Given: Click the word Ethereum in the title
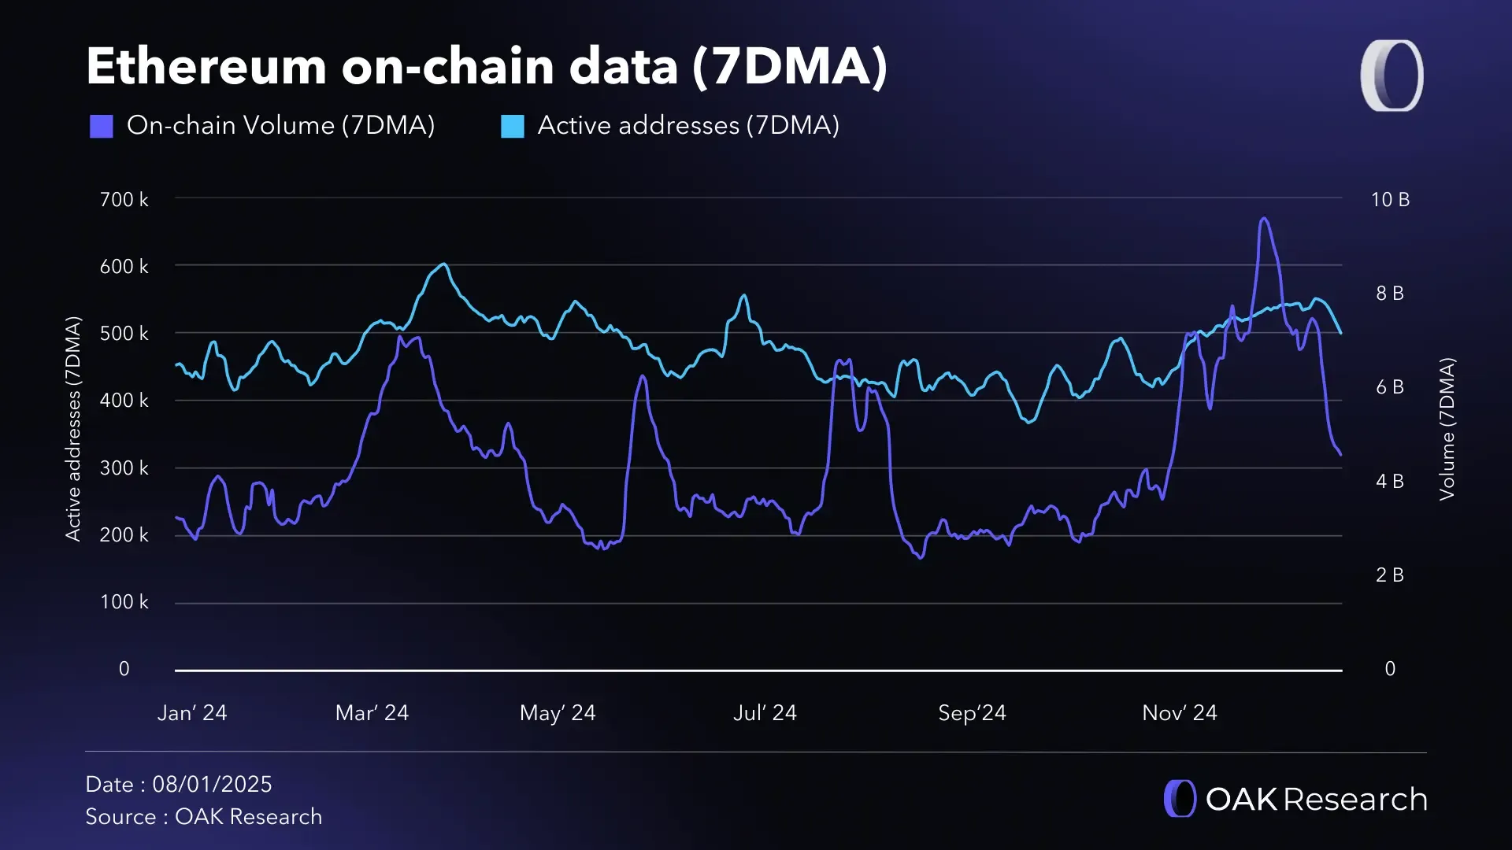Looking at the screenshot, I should click(206, 66).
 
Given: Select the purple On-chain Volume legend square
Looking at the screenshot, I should click(102, 126).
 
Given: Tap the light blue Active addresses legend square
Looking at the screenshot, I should click(513, 126).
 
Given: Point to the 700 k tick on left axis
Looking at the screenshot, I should click(124, 200).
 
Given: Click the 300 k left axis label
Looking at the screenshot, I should click(124, 468).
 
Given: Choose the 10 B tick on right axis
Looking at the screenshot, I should click(1390, 200).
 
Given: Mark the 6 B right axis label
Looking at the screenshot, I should click(1390, 387).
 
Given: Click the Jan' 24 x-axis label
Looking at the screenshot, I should click(192, 713).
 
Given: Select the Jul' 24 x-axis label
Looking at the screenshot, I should click(765, 713).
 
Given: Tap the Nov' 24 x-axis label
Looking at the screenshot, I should click(1180, 713).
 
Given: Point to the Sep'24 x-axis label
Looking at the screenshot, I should click(972, 713).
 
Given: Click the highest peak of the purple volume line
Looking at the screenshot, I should click(1264, 219).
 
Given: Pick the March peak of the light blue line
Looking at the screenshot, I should click(444, 264).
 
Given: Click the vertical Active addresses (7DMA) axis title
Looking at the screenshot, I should click(73, 429).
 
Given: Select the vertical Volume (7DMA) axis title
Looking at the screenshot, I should click(1447, 429).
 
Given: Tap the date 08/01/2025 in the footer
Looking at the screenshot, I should click(212, 785).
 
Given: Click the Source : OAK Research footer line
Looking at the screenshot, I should click(203, 817).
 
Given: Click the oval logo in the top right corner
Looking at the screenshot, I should click(1392, 76).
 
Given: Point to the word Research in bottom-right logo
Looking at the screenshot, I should click(1354, 800).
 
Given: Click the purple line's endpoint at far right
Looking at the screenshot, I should click(1340, 454).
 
